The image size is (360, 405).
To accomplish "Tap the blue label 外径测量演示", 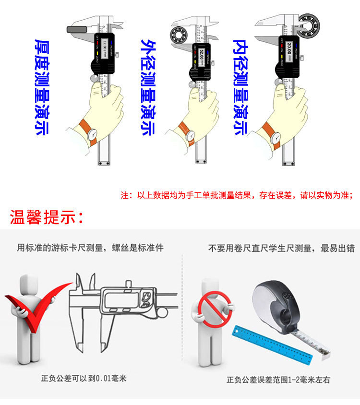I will tap(147, 87).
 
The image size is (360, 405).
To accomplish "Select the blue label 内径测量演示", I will tap(240, 87).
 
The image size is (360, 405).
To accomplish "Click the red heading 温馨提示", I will tap(47, 217).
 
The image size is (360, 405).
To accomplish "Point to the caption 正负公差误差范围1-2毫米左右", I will tap(278, 380).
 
